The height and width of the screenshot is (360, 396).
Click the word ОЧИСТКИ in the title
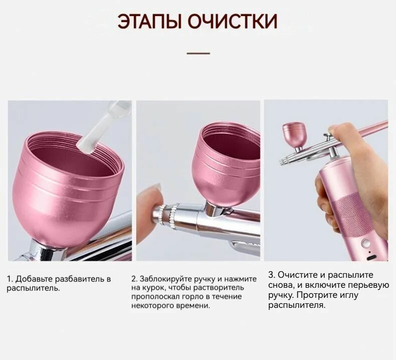tap(233, 22)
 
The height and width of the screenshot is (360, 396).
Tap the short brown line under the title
tap(198, 53)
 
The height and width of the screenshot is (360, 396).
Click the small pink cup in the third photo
tap(294, 134)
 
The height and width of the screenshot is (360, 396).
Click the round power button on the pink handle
tap(366, 243)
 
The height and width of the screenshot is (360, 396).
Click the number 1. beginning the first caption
tap(10, 279)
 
